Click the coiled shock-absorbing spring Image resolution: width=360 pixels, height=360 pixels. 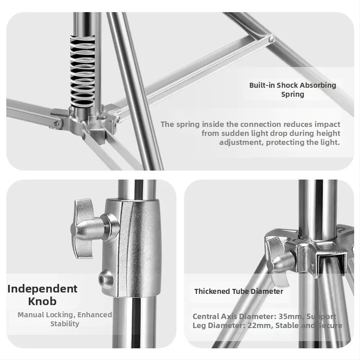[82, 71]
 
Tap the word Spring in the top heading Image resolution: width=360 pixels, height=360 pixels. [293, 94]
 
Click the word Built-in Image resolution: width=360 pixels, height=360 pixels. [262, 85]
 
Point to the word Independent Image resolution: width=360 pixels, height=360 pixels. [42, 289]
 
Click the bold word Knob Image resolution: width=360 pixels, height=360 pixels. [42, 301]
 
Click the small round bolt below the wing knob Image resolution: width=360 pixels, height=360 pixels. [105, 279]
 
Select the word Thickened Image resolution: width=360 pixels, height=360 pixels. [212, 291]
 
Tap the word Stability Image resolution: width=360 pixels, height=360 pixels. [65, 324]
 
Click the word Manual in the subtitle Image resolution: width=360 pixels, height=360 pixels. [31, 315]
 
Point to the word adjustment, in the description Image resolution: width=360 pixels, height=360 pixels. [241, 142]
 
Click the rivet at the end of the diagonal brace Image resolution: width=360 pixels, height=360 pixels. [271, 39]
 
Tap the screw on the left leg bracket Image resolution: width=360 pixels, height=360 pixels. [56, 124]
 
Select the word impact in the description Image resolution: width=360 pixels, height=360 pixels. [328, 125]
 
